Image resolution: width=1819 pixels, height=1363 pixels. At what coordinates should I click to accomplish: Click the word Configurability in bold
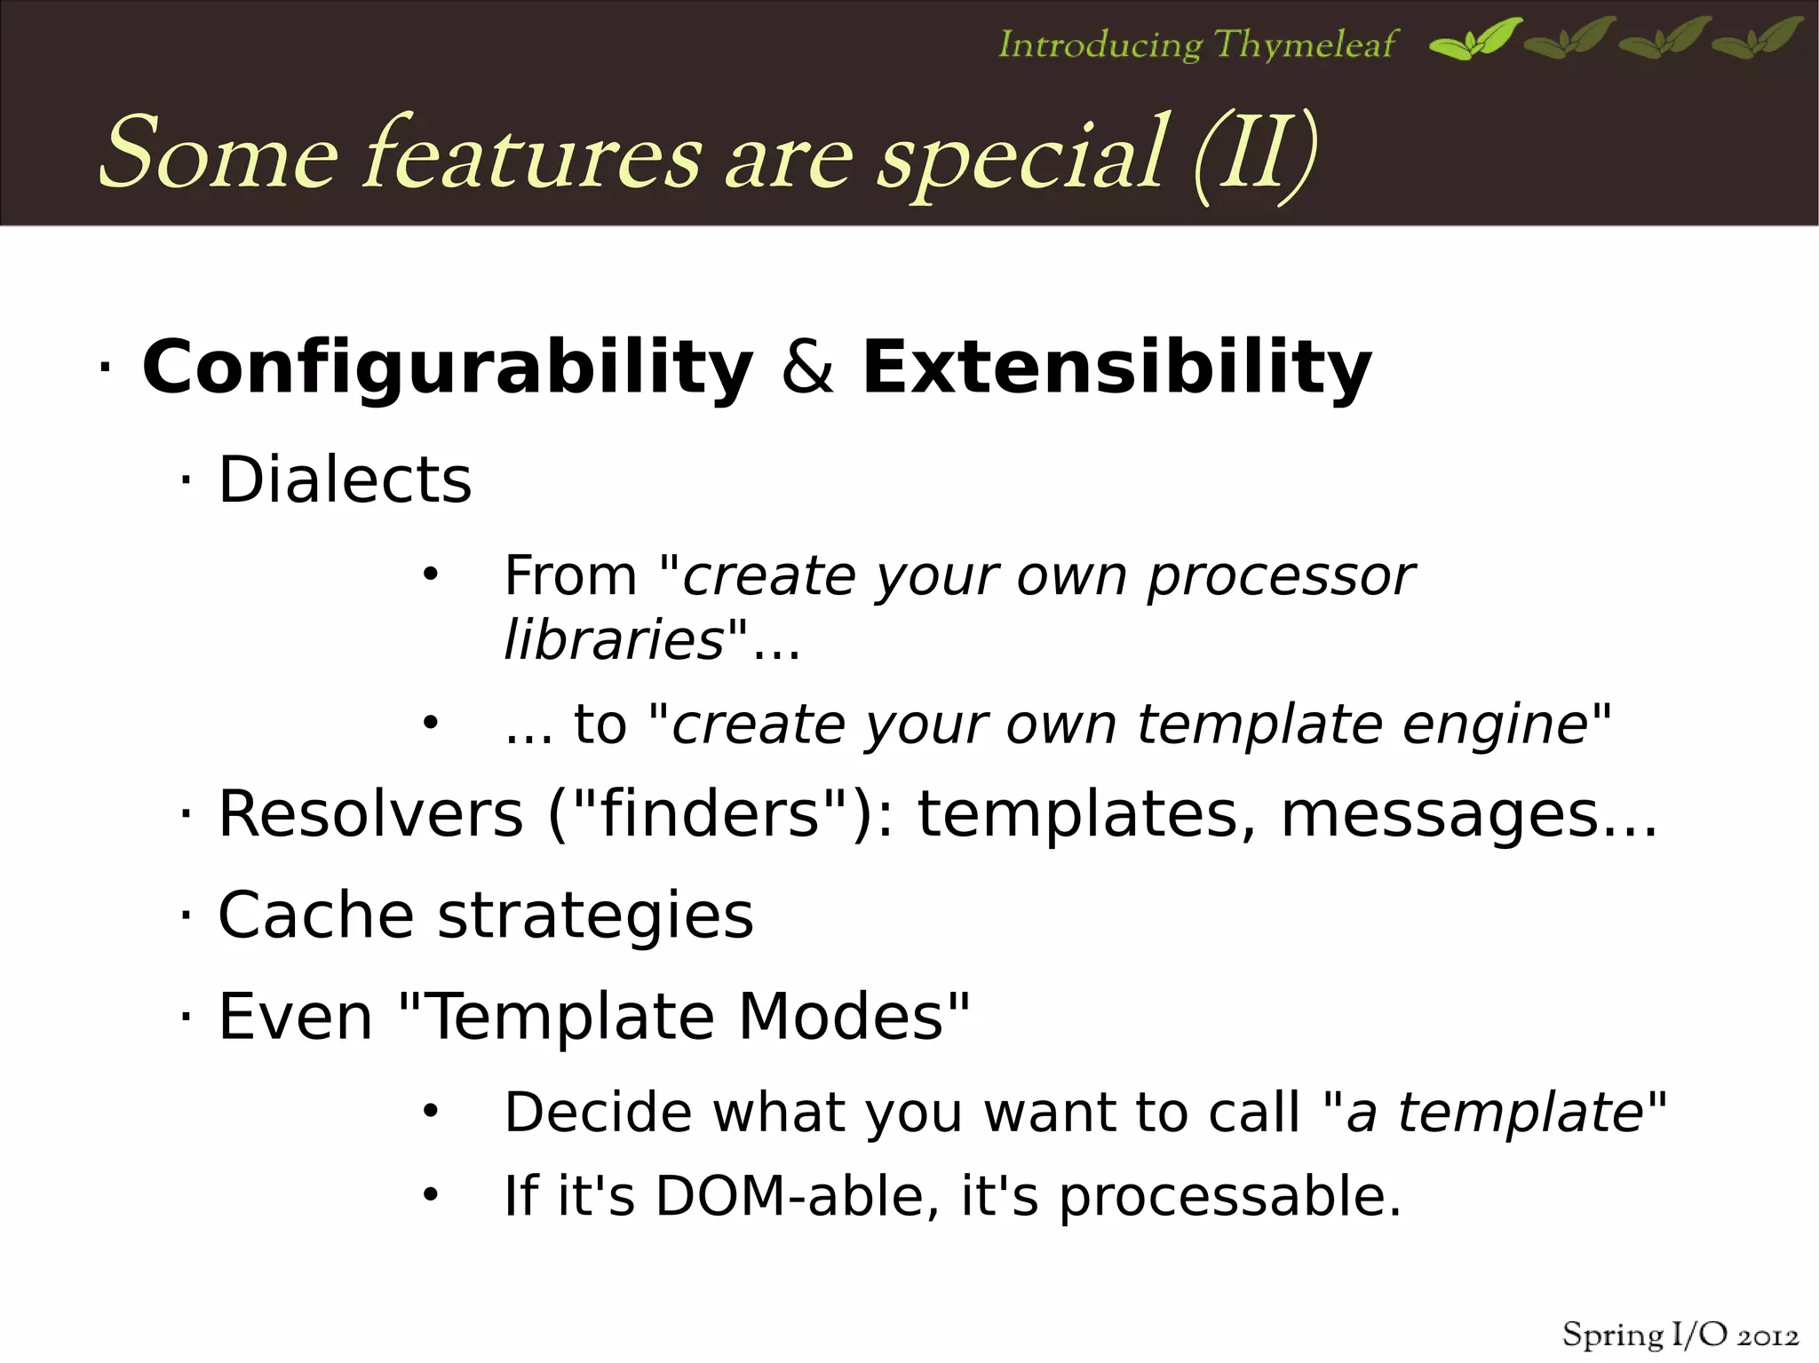(447, 368)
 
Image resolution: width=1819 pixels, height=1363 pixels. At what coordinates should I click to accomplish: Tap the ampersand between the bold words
(807, 368)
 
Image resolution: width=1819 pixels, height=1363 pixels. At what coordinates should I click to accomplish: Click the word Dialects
(345, 480)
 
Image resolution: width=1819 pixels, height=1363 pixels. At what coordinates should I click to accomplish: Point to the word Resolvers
(370, 814)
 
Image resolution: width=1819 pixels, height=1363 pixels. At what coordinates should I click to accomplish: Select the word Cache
(315, 915)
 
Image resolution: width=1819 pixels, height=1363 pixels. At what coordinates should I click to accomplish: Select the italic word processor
(1280, 577)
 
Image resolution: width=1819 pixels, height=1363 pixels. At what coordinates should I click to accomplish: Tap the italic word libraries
(614, 639)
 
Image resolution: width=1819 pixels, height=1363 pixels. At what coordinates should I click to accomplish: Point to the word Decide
(598, 1112)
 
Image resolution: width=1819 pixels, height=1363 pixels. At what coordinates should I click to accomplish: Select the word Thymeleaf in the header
(1305, 44)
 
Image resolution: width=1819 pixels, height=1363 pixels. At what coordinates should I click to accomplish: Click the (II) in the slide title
(1254, 155)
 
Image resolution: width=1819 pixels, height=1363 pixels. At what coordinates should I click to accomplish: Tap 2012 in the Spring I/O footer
(1767, 1336)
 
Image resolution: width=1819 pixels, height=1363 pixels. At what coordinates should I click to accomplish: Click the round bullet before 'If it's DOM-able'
(431, 1195)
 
